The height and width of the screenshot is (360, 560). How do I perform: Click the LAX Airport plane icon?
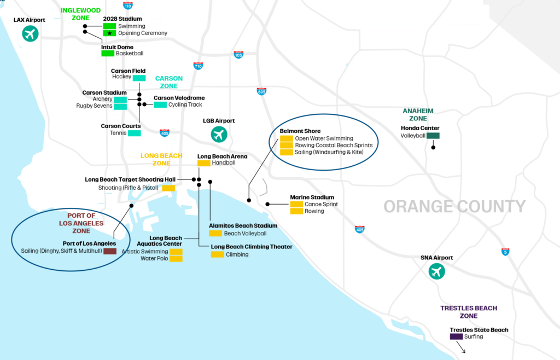[x=31, y=34]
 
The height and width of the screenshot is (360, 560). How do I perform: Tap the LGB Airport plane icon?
[x=219, y=134]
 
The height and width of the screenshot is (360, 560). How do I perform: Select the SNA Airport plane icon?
[x=436, y=271]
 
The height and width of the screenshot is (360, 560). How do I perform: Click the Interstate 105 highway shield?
[x=238, y=55]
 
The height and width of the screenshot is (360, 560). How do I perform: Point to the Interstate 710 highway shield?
[x=198, y=66]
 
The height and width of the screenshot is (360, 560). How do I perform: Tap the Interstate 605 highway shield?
[x=261, y=91]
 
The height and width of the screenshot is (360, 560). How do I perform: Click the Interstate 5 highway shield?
[x=505, y=252]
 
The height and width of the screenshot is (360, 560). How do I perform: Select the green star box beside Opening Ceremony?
[x=109, y=33]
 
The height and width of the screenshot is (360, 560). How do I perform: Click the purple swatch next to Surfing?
[x=456, y=336]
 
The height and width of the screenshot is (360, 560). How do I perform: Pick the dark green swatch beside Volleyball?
[x=433, y=136]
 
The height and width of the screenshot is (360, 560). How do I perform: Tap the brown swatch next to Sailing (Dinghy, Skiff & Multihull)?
[x=110, y=251]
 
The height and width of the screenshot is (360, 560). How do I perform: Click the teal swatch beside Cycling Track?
[x=160, y=104]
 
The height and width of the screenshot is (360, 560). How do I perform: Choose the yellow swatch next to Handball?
[x=204, y=163]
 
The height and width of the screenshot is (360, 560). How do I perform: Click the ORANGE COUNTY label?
[x=454, y=206]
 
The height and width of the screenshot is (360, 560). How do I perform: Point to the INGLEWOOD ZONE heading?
[x=81, y=14]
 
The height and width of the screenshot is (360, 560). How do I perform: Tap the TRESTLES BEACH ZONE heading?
[x=469, y=312]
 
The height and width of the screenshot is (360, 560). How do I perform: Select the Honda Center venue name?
[x=420, y=128]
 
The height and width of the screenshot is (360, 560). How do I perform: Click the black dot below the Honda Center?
[x=433, y=147]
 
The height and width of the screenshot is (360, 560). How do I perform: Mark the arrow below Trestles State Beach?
[x=460, y=347]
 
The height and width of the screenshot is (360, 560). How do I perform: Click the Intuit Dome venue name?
[x=117, y=47]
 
